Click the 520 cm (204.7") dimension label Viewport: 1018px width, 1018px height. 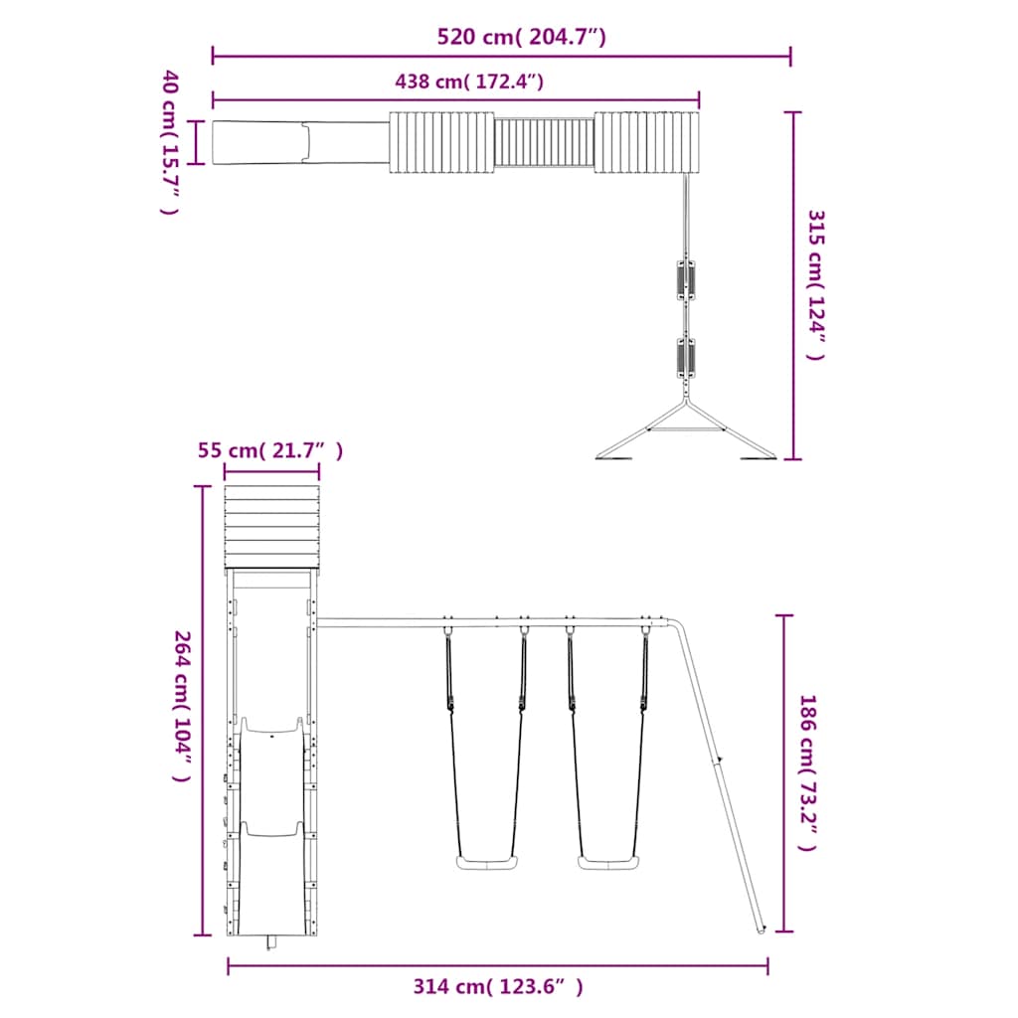tap(521, 37)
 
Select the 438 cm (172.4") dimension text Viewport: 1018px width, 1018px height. tap(469, 82)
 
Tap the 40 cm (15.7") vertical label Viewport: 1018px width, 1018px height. tap(169, 141)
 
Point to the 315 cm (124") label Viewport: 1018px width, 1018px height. tap(815, 285)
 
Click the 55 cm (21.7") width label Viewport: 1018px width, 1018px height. tap(270, 450)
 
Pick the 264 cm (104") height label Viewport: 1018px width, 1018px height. tap(183, 707)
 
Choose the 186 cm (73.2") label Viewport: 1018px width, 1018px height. tap(807, 772)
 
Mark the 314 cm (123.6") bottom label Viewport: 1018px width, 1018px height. tap(498, 987)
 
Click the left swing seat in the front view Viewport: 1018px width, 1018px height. tap(487, 863)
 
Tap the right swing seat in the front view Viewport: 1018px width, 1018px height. tap(608, 863)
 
